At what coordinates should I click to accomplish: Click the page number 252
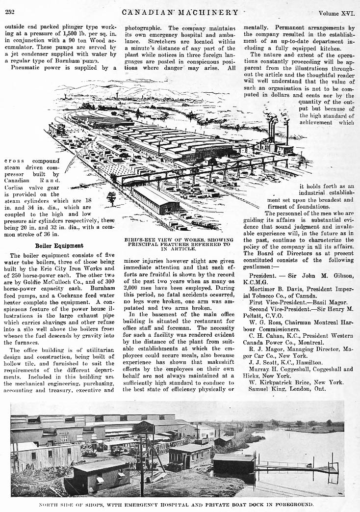tap(10, 12)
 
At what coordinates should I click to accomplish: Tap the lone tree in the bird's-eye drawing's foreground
tap(111, 197)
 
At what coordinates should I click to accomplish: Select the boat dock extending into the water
tap(294, 466)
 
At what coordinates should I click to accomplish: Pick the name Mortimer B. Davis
tap(275, 289)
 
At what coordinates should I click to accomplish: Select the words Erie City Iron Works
tap(81, 269)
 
